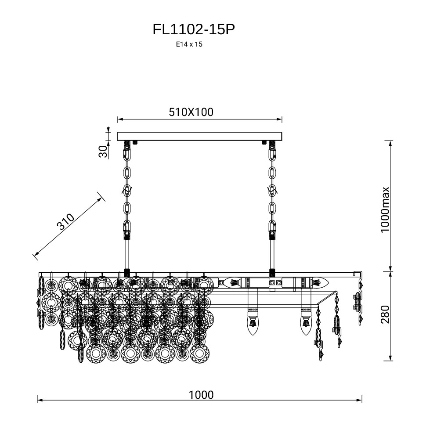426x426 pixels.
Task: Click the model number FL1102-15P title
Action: point(194,29)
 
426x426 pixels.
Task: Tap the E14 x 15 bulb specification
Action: point(189,44)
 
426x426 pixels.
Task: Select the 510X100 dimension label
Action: point(191,112)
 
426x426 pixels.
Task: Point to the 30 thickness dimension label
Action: point(103,151)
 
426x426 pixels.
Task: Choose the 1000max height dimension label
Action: point(385,209)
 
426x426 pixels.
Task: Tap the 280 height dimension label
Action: point(385,315)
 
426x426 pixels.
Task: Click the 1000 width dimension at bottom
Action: point(201,394)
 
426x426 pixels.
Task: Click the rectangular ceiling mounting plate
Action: point(199,136)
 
